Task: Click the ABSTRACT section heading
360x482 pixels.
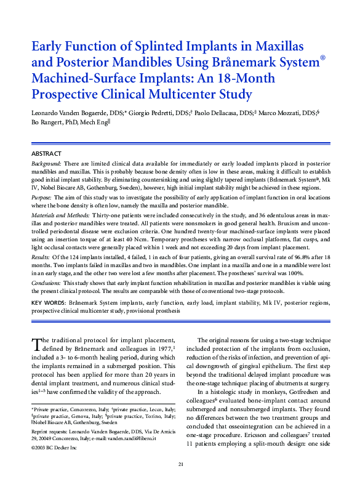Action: click(47, 153)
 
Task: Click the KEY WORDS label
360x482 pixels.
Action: click(48, 303)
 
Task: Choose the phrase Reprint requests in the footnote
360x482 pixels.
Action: click(50, 432)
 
